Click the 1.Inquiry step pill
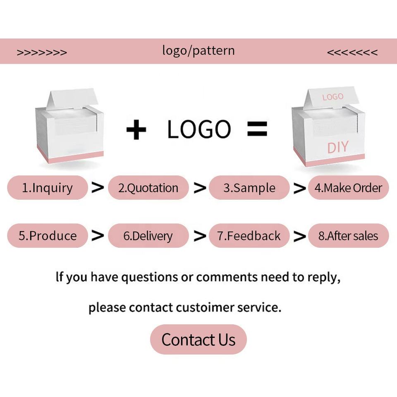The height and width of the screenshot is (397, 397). (x=48, y=188)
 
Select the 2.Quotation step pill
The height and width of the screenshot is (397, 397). (x=148, y=188)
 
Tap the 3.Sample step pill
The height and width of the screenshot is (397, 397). (x=249, y=188)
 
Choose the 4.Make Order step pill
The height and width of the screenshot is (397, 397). (x=348, y=188)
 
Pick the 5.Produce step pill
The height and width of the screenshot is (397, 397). (x=48, y=236)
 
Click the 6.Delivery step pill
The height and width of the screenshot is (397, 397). (x=148, y=236)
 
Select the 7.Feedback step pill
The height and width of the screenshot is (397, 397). (x=249, y=236)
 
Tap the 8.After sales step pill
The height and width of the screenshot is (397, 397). (x=348, y=236)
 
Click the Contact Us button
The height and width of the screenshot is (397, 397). (x=198, y=340)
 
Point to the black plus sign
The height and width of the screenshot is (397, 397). (x=136, y=130)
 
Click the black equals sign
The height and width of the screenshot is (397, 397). (x=257, y=129)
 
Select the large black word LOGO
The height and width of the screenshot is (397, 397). (x=199, y=129)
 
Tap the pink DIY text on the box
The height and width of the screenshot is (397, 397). (x=337, y=147)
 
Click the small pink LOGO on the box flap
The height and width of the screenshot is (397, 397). (x=332, y=97)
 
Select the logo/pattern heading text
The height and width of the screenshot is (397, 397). (x=198, y=51)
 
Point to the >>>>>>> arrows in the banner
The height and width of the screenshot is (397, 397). (x=42, y=53)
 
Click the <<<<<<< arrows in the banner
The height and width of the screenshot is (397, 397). (x=352, y=53)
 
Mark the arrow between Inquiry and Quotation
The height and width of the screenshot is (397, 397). (x=98, y=188)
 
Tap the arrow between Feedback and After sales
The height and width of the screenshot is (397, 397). (x=299, y=236)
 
